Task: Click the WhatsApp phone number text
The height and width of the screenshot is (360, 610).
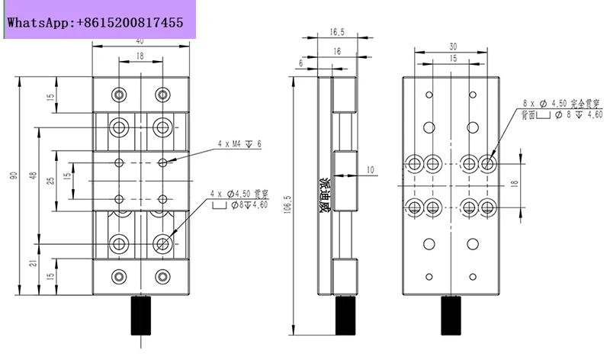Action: coord(95,23)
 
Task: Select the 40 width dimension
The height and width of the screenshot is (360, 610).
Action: coord(139,42)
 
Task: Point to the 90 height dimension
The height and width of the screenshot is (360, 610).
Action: coord(14,177)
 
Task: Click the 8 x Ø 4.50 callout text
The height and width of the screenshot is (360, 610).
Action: coord(556,101)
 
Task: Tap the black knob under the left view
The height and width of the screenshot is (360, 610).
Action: coord(140,316)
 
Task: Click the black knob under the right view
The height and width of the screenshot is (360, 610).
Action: coord(451,316)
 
